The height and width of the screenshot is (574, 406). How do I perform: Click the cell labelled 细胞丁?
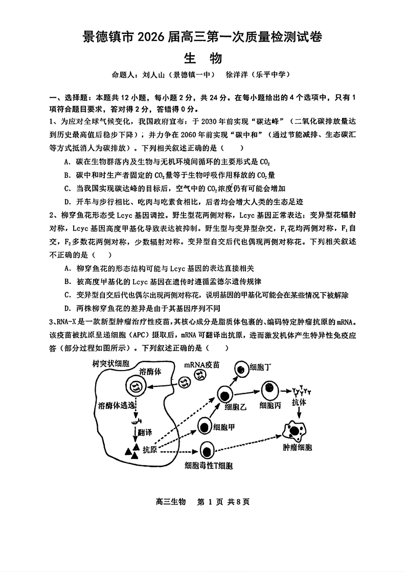pos(240,368)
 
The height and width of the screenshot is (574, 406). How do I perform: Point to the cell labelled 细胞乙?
pos(225,395)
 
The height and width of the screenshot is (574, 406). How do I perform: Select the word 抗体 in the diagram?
pos(300,403)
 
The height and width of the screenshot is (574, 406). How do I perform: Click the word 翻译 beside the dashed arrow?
pos(145,432)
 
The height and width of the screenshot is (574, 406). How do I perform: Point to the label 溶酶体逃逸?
pos(117,405)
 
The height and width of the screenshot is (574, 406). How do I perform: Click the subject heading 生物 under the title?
pos(202,58)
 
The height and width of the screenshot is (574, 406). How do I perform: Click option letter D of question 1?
pos(67,201)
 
